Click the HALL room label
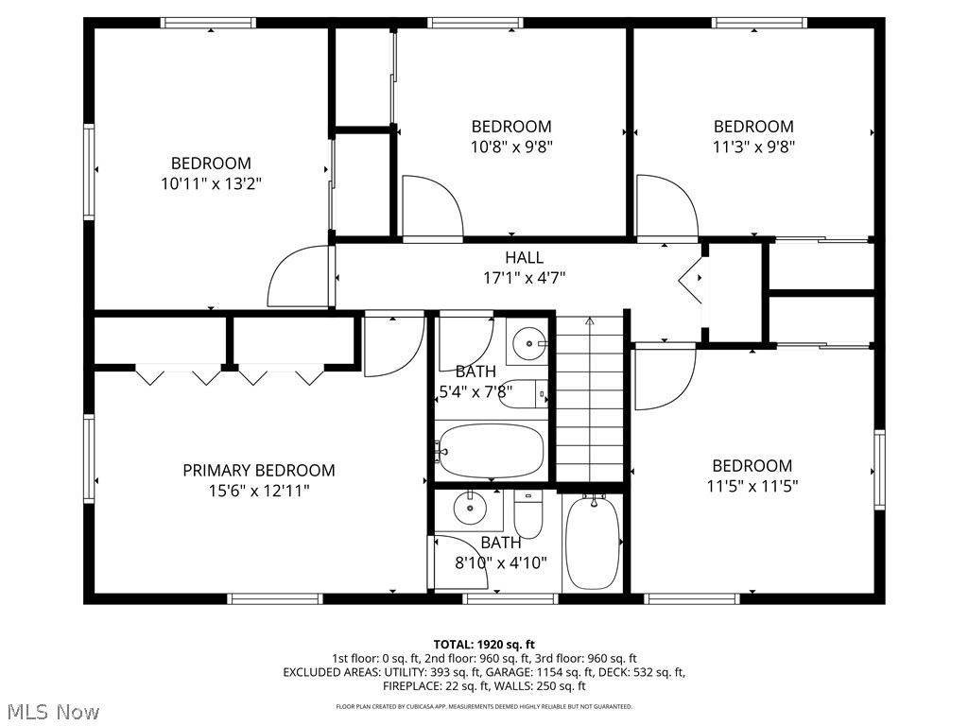(x=524, y=257)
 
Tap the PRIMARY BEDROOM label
(x=258, y=470)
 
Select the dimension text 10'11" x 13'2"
(x=211, y=184)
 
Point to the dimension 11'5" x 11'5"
(x=752, y=487)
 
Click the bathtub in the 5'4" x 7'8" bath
(x=491, y=451)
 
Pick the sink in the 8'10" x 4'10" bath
(x=470, y=510)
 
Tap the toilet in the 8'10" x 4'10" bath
(x=527, y=514)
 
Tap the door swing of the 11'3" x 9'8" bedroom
(x=665, y=207)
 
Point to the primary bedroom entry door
(x=391, y=345)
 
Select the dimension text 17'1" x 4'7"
(x=524, y=278)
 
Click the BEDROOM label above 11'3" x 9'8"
(x=752, y=127)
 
